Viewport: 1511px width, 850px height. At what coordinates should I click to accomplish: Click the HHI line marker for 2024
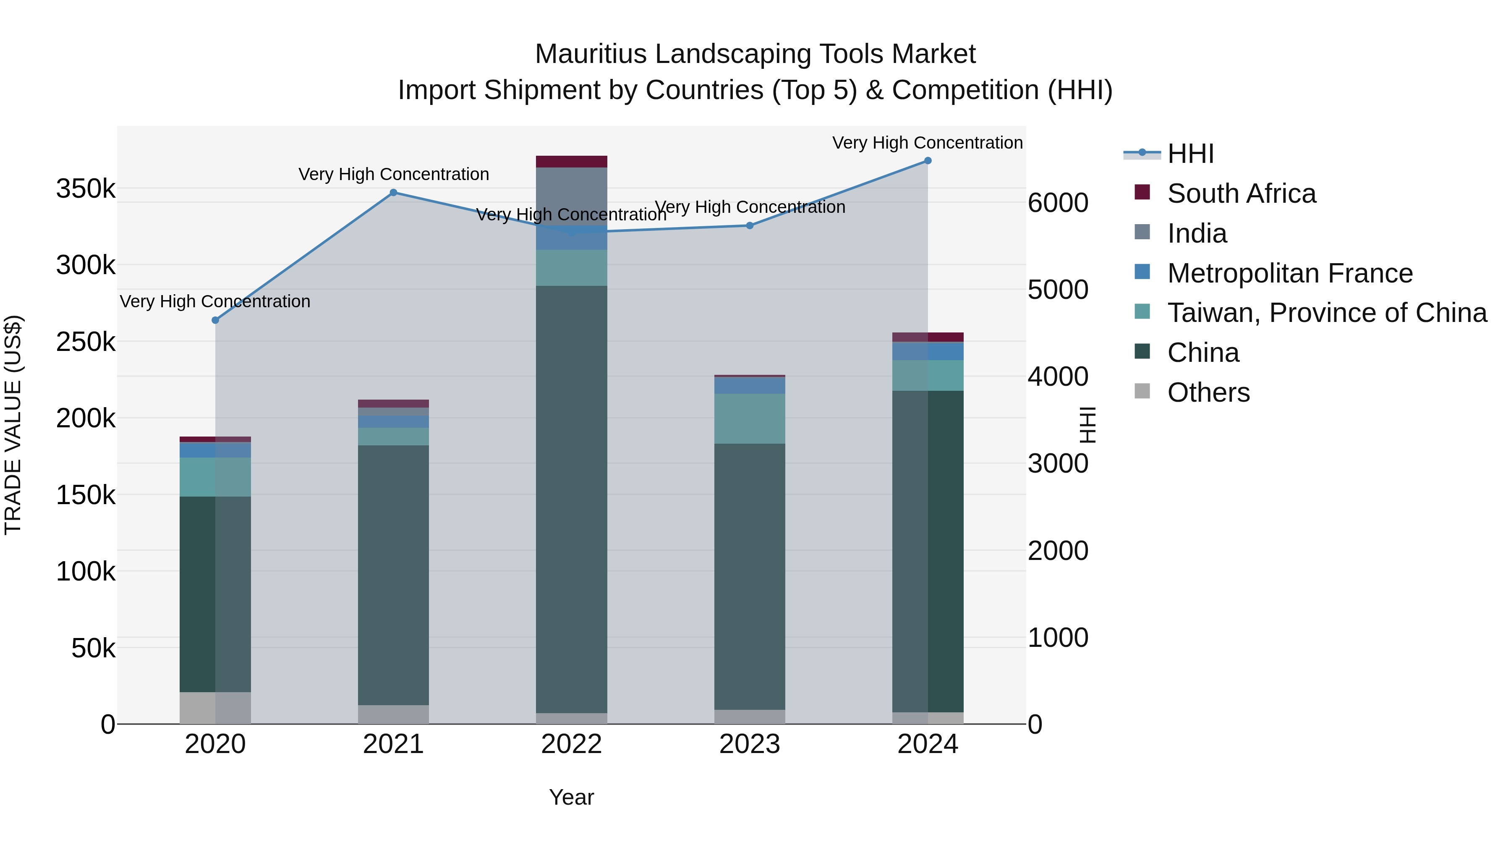[927, 161]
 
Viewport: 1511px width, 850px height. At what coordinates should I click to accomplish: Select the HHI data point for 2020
[215, 320]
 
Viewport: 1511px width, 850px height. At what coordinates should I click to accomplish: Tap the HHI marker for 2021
[394, 192]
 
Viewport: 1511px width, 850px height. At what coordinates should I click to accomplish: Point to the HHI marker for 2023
[750, 225]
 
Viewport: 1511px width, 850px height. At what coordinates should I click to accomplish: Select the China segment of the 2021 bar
[394, 575]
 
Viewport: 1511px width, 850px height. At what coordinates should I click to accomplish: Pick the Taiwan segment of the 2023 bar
[750, 418]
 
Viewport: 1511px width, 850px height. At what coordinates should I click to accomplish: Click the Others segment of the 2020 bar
[215, 708]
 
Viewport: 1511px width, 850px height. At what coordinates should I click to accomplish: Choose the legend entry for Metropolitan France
[1289, 273]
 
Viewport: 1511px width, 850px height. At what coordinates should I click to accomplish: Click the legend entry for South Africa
[1241, 194]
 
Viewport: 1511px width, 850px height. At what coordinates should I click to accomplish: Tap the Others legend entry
[1208, 392]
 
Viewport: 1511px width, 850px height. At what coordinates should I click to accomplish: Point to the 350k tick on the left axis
[86, 189]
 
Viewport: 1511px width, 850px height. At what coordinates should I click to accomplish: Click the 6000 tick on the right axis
[1058, 203]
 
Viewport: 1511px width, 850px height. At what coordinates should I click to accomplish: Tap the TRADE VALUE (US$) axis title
[13, 425]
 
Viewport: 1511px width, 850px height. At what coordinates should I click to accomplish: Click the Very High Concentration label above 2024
[927, 143]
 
